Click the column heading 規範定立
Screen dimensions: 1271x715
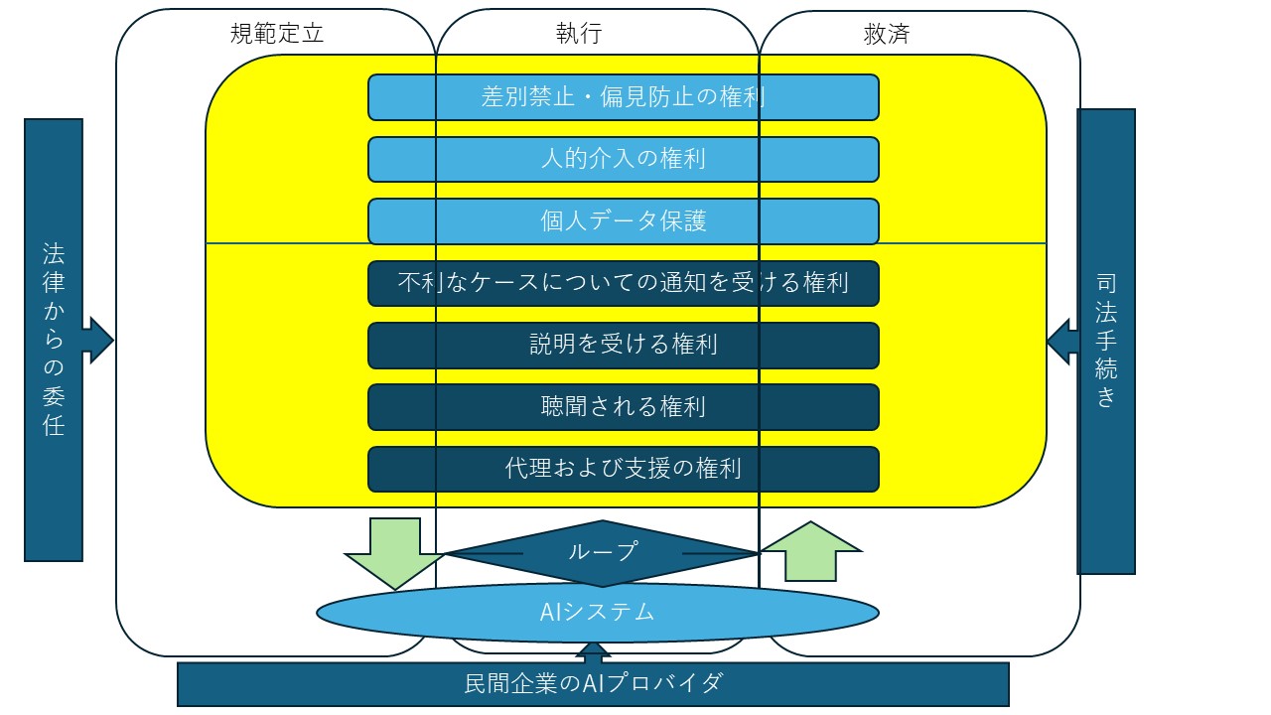pos(277,34)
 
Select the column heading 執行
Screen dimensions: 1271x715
pos(579,34)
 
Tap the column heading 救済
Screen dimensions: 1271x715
pos(887,35)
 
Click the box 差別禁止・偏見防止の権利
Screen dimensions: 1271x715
pos(623,97)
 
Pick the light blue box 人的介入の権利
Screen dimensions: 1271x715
pos(623,159)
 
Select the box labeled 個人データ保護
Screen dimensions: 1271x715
pos(623,220)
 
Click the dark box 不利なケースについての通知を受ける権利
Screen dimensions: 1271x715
pos(623,283)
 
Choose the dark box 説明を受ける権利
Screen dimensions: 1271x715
pos(623,345)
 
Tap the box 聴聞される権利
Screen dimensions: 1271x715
pos(623,407)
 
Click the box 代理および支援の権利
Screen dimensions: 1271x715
pos(623,470)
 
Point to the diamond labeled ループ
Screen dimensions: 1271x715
pos(603,553)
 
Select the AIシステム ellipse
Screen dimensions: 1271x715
pos(598,613)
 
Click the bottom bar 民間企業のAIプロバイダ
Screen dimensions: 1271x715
pos(593,684)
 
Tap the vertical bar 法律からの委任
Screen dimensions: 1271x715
pos(54,340)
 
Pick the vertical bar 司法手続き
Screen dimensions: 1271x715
pos(1106,341)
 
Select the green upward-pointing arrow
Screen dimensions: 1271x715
pos(811,551)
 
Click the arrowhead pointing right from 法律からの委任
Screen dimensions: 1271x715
pos(100,340)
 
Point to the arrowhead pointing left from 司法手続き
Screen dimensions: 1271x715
pos(1061,341)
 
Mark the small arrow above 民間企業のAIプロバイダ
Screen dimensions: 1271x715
pos(593,652)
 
